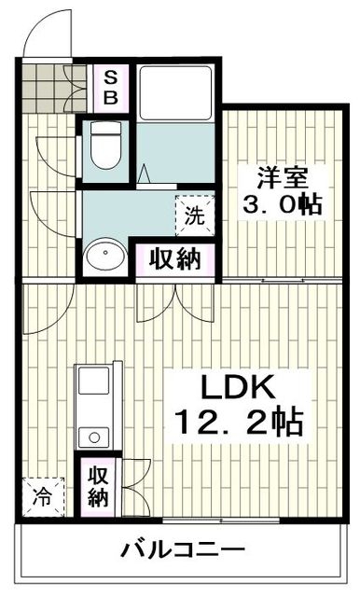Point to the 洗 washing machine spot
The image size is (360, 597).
coord(193,216)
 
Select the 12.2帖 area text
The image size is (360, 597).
coord(237,423)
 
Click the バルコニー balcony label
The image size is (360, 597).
coord(183,550)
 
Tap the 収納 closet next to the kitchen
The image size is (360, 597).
coord(98,485)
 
